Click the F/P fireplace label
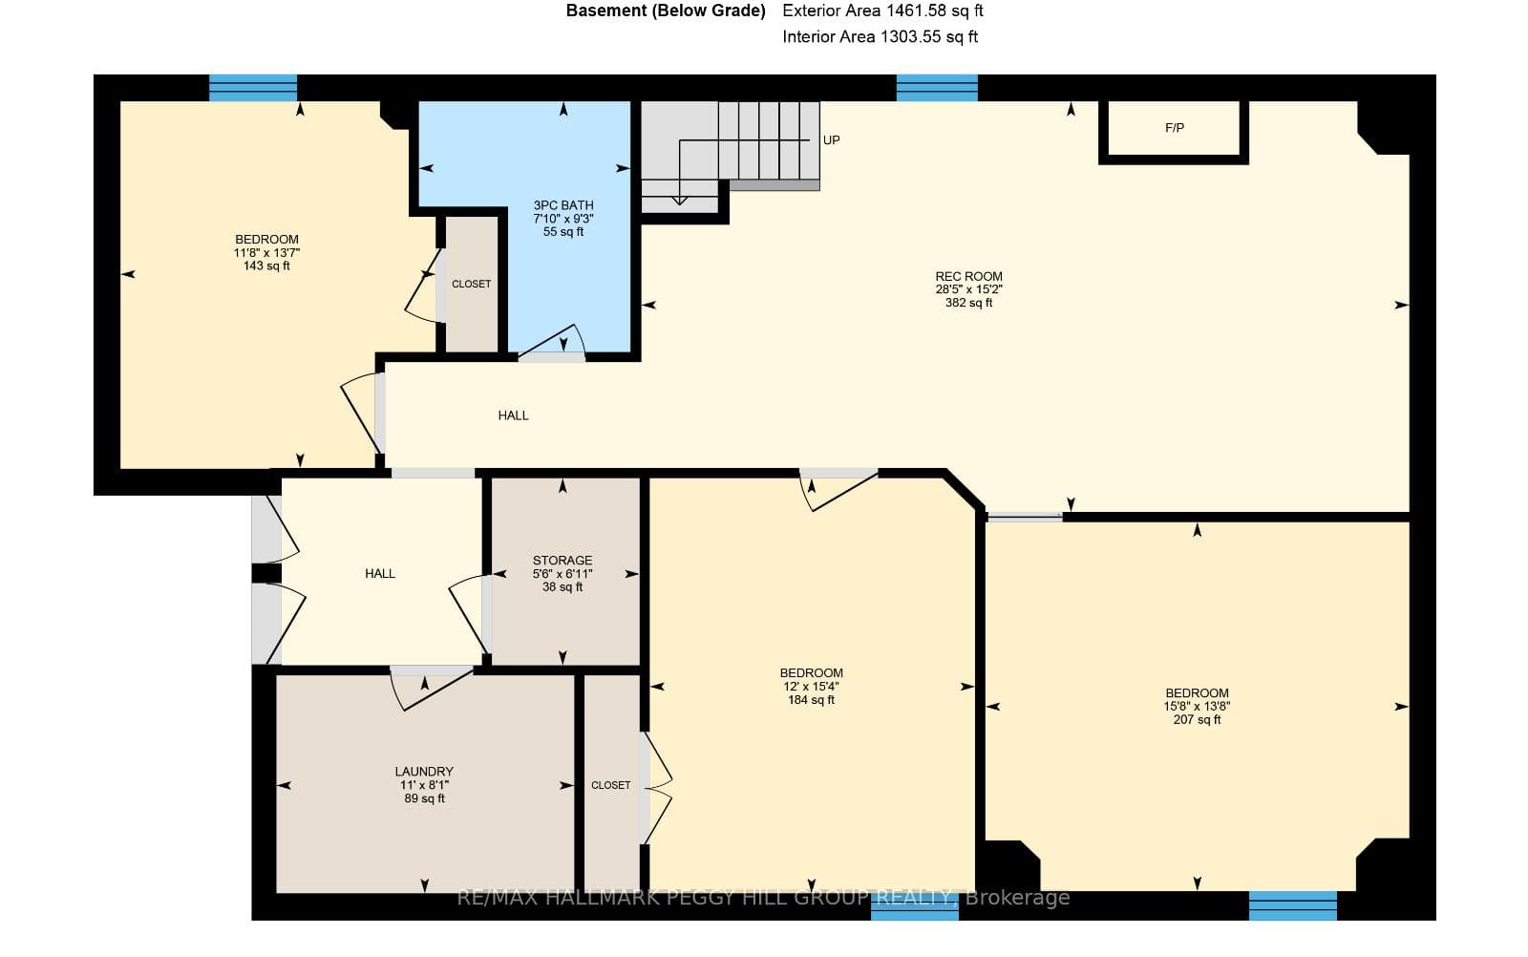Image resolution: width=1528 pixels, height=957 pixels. tap(1174, 128)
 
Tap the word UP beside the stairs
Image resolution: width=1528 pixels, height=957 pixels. tap(831, 139)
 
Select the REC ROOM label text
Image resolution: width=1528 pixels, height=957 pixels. tap(968, 276)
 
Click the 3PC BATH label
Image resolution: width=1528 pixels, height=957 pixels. tap(563, 205)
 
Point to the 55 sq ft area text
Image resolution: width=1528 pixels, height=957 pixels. tap(563, 232)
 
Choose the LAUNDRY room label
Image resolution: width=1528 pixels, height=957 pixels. tap(424, 772)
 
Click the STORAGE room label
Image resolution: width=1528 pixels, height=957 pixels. tap(562, 560)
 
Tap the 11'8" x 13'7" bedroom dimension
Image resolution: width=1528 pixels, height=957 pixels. tap(266, 252)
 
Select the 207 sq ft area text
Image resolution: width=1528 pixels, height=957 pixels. tap(1198, 719)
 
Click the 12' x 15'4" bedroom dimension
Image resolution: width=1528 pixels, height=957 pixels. tap(811, 686)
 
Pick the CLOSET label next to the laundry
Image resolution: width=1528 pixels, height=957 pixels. tap(610, 785)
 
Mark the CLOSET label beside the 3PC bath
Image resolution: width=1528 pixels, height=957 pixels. tap(472, 284)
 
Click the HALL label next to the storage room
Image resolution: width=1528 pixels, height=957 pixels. tap(380, 574)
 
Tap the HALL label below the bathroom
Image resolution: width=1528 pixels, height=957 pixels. tap(513, 415)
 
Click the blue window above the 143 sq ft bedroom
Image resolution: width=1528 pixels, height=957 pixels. tap(252, 88)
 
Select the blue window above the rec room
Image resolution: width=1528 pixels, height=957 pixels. tap(937, 88)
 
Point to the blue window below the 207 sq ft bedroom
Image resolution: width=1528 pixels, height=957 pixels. tap(1293, 905)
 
